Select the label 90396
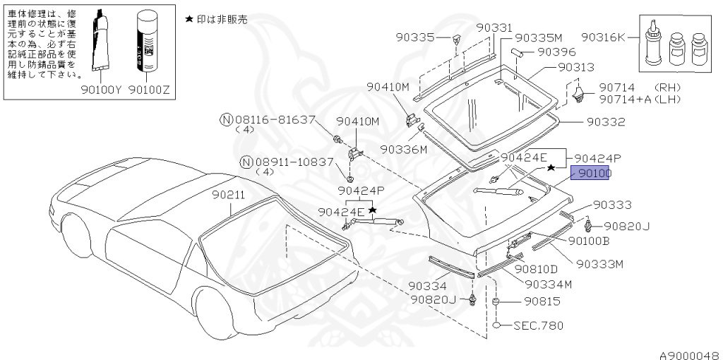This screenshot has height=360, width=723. click(x=556, y=52)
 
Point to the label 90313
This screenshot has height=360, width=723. click(x=575, y=67)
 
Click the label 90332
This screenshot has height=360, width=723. click(x=605, y=121)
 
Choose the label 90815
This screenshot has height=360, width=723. click(x=542, y=302)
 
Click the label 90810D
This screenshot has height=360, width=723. click(x=536, y=269)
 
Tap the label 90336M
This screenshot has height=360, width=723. click(x=404, y=150)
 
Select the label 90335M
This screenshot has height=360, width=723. click(x=538, y=37)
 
